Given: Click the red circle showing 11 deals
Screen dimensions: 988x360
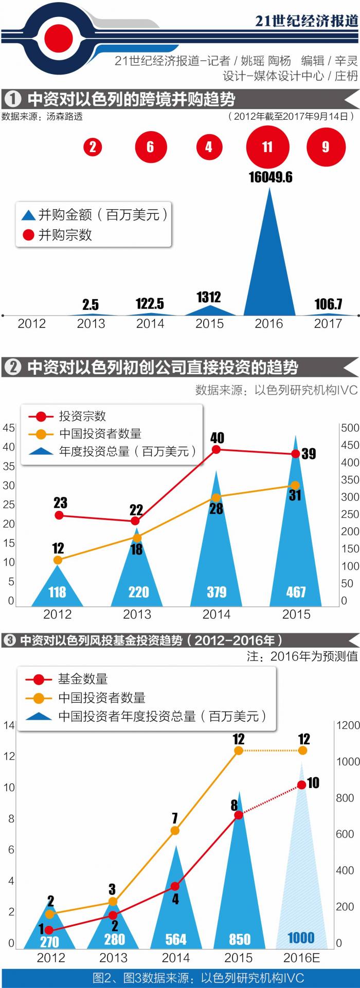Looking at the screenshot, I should (x=267, y=147).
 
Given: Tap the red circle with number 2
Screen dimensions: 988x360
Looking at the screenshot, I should (x=93, y=147).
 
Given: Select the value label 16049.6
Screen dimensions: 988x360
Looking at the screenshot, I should (x=271, y=177).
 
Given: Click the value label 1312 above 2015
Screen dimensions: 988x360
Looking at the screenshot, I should (x=209, y=297).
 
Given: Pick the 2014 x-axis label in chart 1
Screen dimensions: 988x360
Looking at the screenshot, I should (x=150, y=324).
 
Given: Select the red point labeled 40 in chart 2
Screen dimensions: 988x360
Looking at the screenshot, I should (x=217, y=449).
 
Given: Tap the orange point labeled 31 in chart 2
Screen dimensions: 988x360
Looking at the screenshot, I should (x=295, y=485).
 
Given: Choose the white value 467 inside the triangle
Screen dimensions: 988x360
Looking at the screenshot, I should (x=296, y=592).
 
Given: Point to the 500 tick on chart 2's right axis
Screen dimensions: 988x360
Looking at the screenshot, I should (x=350, y=428).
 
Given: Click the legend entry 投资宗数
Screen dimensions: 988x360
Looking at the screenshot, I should (x=82, y=416).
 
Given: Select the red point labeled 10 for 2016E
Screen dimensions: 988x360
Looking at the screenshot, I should (x=302, y=785).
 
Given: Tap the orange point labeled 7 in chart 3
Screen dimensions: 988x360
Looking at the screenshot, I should (x=175, y=831).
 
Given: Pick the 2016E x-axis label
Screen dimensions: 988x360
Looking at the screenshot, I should (x=301, y=958).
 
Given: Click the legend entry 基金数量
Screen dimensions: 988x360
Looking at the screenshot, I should (x=82, y=679).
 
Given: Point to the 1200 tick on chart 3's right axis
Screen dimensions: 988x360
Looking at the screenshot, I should (x=348, y=725).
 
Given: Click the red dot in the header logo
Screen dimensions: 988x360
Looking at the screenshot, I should (x=58, y=37).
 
